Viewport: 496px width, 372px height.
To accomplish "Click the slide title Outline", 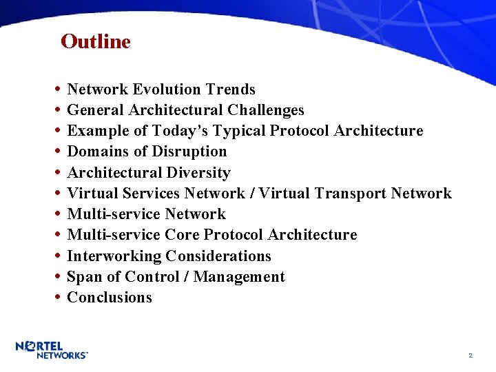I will [95, 42].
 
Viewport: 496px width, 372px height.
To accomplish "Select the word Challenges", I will [265, 110].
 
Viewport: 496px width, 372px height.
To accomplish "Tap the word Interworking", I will [114, 256].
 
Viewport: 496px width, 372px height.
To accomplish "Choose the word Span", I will [83, 277].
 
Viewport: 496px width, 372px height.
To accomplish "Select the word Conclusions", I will [110, 298].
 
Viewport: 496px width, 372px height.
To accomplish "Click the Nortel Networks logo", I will [52, 350].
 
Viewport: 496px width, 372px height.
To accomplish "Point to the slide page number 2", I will [470, 355].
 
